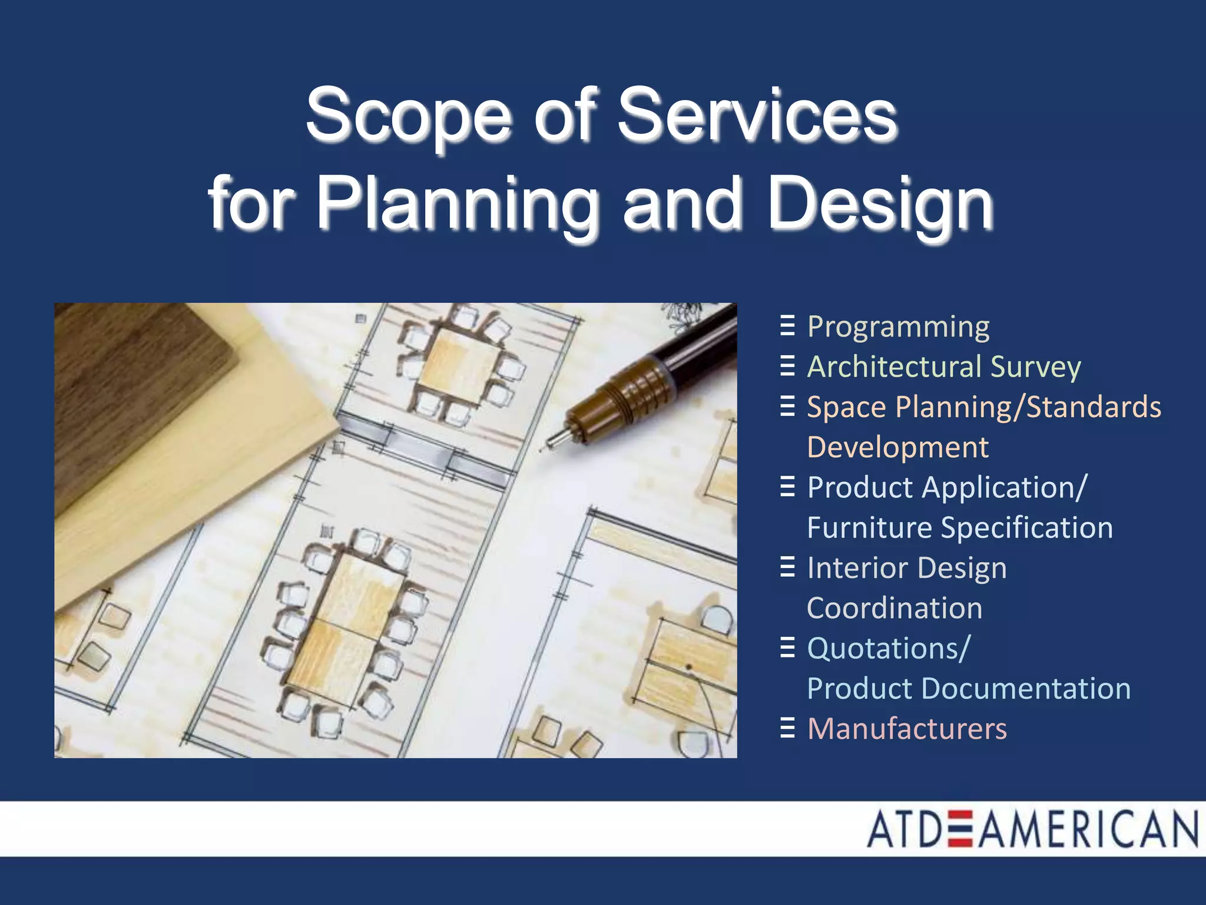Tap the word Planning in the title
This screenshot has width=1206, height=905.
[x=456, y=204]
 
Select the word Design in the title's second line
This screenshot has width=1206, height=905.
[x=881, y=204]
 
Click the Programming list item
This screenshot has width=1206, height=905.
[x=898, y=328]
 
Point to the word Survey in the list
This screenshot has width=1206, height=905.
[x=1036, y=366]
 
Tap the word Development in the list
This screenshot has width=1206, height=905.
[x=897, y=447]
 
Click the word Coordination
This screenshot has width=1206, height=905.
[x=894, y=608]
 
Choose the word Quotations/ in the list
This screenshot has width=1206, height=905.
[x=888, y=649]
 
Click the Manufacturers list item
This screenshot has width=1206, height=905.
[x=907, y=729]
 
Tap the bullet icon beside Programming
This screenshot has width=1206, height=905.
[x=787, y=326]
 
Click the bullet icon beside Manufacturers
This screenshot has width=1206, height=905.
[x=787, y=728]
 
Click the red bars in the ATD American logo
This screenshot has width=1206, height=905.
[x=960, y=829]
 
